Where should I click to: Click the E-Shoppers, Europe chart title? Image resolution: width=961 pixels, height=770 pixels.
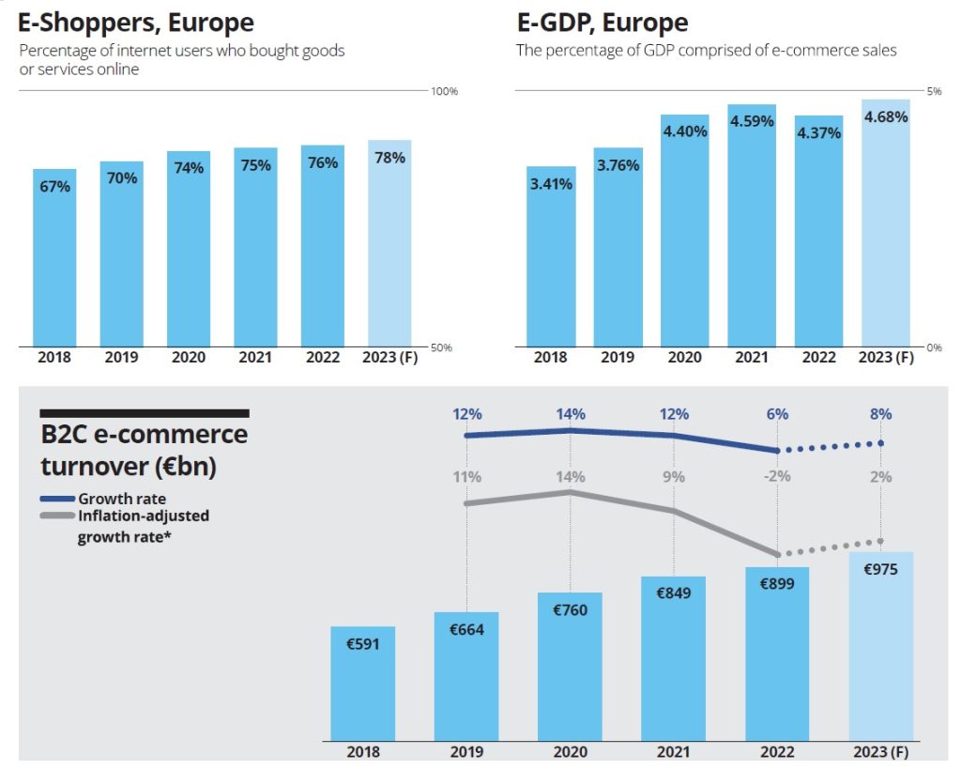tap(136, 23)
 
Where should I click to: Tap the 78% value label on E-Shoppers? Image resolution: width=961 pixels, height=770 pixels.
tap(389, 158)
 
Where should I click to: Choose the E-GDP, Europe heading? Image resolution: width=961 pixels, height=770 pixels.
tap(602, 23)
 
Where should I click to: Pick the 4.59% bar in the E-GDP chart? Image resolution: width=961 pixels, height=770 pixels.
tap(752, 225)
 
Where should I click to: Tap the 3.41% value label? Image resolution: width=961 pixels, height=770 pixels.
tap(551, 184)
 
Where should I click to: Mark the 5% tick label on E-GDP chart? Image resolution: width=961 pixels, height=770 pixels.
tap(934, 91)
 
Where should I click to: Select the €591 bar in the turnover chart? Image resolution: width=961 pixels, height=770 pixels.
tap(362, 683)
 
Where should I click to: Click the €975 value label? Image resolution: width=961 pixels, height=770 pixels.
tap(880, 569)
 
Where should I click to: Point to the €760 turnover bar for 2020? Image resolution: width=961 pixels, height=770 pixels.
tap(570, 666)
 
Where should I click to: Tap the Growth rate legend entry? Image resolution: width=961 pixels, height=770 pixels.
tap(122, 499)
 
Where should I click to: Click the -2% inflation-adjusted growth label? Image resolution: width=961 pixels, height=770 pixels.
tap(777, 476)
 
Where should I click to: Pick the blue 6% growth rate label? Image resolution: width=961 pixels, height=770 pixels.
tap(777, 414)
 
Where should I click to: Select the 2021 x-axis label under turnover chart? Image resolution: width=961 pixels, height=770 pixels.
tap(674, 751)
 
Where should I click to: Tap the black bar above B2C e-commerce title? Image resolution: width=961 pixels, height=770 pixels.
tap(145, 412)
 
